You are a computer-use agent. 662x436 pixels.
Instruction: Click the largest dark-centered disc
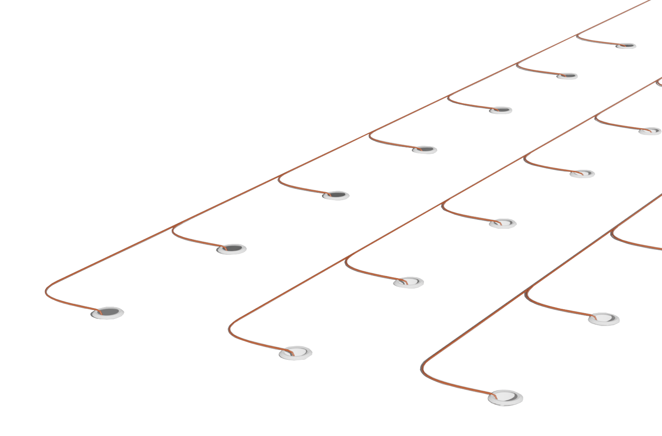(x=107, y=313)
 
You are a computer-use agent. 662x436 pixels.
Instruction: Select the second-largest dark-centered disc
(x=231, y=249)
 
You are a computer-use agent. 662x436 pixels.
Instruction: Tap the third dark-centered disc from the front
(x=336, y=195)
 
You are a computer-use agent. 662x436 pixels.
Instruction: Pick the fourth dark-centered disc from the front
(x=424, y=150)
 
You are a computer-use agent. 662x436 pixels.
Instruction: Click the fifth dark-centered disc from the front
(x=500, y=110)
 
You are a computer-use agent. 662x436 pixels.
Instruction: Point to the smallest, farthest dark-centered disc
(x=626, y=46)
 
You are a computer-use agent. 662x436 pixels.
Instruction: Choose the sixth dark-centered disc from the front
(x=567, y=76)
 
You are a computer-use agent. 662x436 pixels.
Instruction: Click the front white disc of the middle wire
(x=296, y=353)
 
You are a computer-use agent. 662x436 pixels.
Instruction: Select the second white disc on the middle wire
(x=408, y=282)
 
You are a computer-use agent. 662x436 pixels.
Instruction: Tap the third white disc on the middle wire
(x=503, y=223)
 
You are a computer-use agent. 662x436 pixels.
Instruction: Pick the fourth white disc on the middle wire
(x=582, y=174)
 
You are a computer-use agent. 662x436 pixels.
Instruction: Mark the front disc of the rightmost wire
(x=505, y=398)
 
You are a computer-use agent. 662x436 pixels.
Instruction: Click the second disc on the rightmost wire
(x=604, y=319)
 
